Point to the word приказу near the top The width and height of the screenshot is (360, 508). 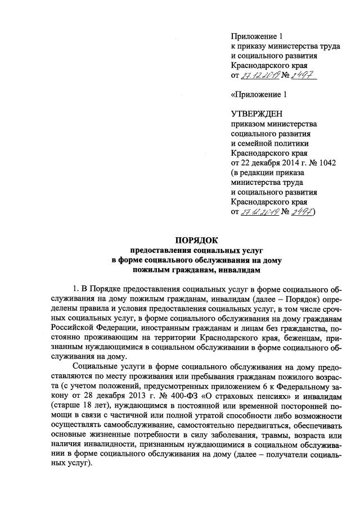point(251,46)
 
